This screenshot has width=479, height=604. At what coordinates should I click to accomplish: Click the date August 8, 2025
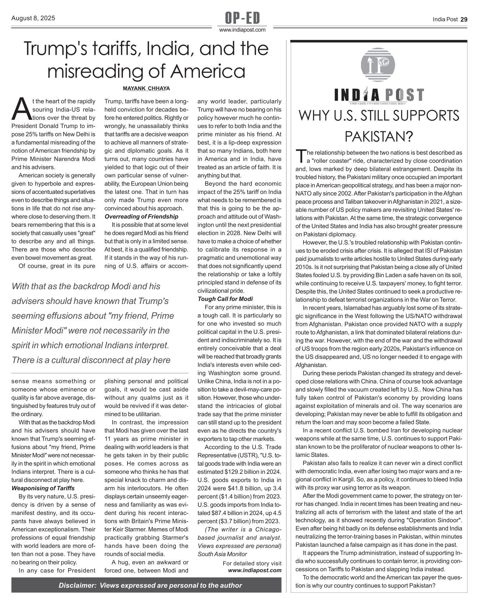[33, 18]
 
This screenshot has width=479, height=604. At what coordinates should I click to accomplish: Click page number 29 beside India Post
[464, 19]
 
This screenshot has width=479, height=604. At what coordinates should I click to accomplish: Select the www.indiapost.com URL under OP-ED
[242, 30]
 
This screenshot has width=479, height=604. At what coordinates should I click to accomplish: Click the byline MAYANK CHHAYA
[146, 88]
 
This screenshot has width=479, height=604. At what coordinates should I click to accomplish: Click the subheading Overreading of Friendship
[141, 216]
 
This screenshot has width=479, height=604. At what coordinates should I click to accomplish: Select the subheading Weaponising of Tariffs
[43, 488]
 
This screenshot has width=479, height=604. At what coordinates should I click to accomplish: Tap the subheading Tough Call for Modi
[225, 299]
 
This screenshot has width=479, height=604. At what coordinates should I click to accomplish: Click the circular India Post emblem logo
[378, 64]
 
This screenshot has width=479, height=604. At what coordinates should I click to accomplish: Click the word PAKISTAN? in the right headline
[379, 137]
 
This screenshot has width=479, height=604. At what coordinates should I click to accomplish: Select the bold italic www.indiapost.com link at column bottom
[255, 570]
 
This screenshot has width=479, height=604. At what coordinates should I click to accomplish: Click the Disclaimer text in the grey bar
[150, 585]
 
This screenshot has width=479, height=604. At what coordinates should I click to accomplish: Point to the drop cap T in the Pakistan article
[300, 156]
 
